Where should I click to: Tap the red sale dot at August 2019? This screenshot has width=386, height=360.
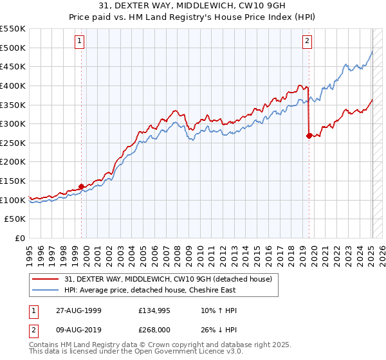(309, 136)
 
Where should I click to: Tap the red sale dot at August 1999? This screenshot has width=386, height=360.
(82, 186)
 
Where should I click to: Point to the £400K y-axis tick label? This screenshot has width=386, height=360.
(13, 85)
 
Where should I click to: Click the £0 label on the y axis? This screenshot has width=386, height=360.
(20, 239)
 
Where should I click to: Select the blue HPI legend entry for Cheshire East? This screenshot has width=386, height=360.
(149, 290)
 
